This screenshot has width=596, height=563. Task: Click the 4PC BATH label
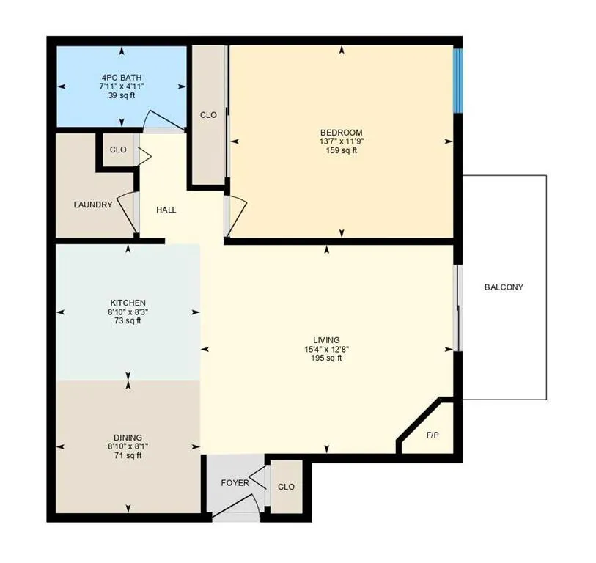(x=122, y=77)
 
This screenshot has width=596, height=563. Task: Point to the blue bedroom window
(x=458, y=80)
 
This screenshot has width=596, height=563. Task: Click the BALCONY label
(x=504, y=287)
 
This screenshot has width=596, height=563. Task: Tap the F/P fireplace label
(x=433, y=435)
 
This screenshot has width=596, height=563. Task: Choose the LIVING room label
(x=326, y=340)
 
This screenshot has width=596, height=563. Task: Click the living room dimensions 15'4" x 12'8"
(x=326, y=349)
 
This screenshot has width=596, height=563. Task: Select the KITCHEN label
(x=128, y=303)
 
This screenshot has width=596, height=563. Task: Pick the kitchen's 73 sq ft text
(x=128, y=320)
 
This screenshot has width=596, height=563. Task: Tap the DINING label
(x=128, y=438)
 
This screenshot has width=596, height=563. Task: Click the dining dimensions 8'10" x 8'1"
(x=128, y=446)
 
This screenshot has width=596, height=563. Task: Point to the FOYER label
(x=235, y=483)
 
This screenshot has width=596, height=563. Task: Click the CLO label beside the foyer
(x=286, y=487)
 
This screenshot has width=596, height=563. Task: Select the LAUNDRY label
(x=93, y=205)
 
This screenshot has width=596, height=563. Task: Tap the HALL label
(x=166, y=210)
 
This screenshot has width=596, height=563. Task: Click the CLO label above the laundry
(x=118, y=150)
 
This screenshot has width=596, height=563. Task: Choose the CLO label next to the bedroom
(x=209, y=115)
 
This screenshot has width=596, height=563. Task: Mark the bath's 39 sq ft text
(x=122, y=95)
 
